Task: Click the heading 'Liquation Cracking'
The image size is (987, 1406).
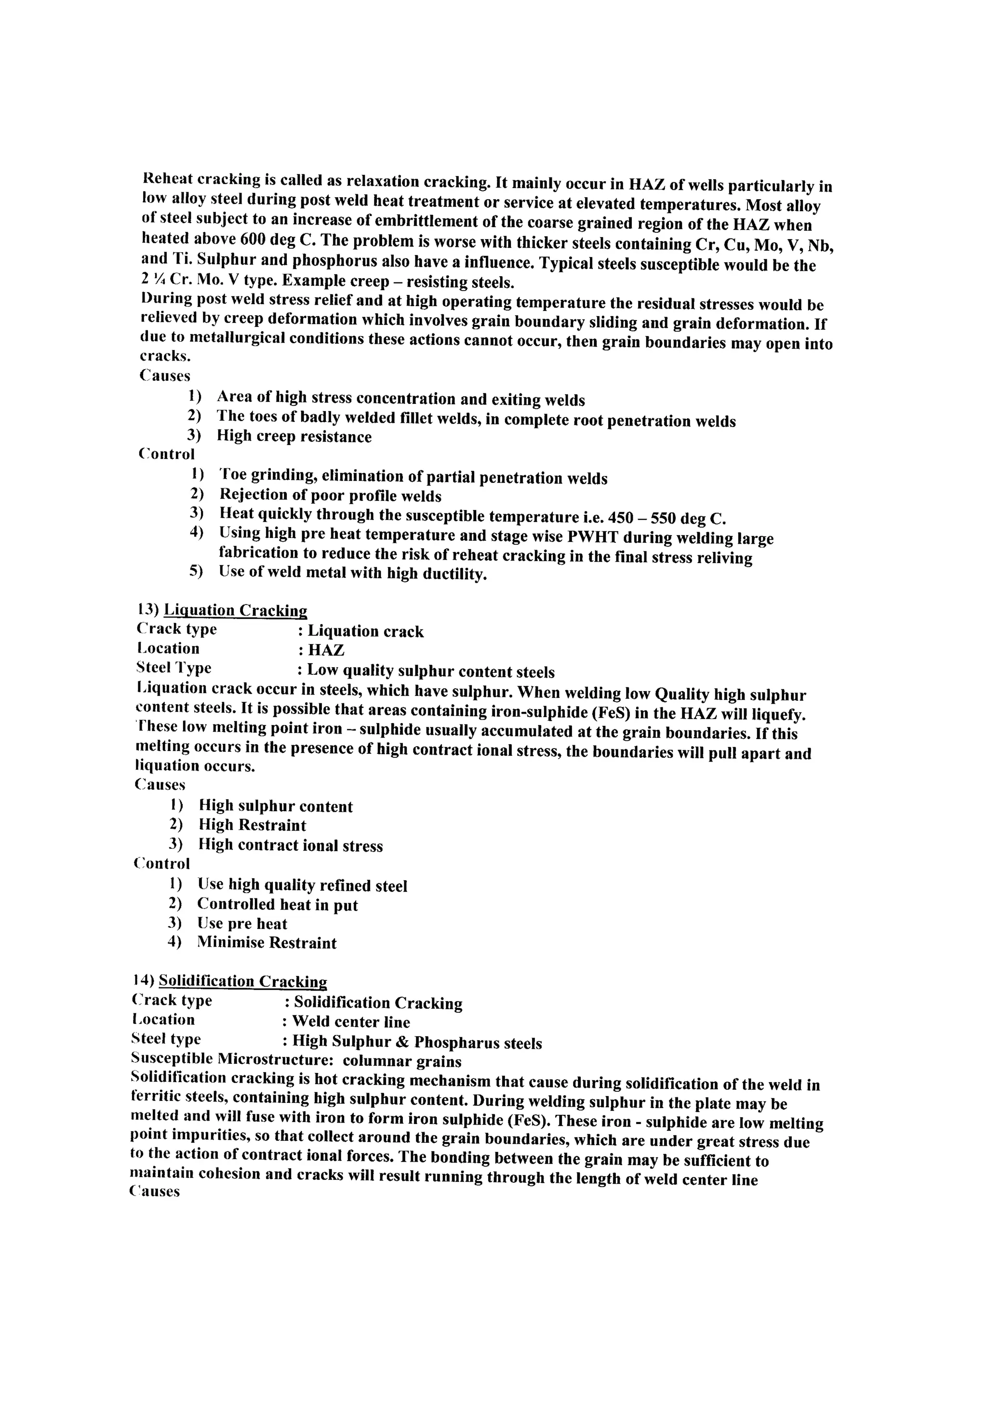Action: click(x=236, y=611)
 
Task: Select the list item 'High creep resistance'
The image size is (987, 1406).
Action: click(x=294, y=437)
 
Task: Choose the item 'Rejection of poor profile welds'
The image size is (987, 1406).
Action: click(x=330, y=495)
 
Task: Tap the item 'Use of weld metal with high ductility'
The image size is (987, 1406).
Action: click(x=353, y=574)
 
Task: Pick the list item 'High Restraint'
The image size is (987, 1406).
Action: click(x=252, y=826)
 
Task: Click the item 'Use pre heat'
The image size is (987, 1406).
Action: click(x=242, y=924)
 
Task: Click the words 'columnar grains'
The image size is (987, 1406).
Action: click(x=401, y=1061)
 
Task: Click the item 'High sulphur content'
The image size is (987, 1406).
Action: click(x=276, y=806)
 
